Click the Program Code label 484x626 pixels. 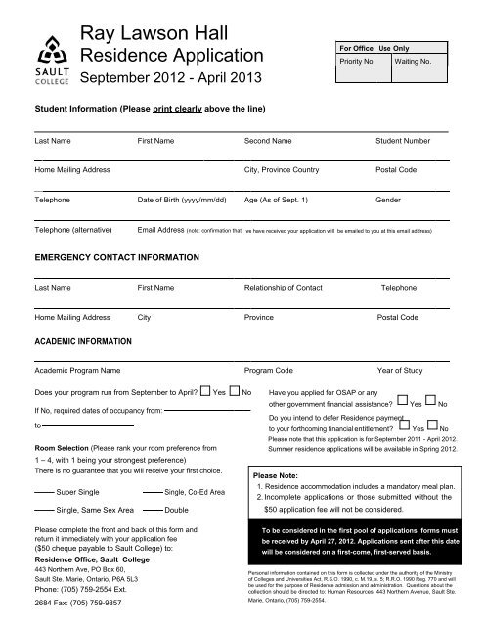271,372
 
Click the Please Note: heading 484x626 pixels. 282,471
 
